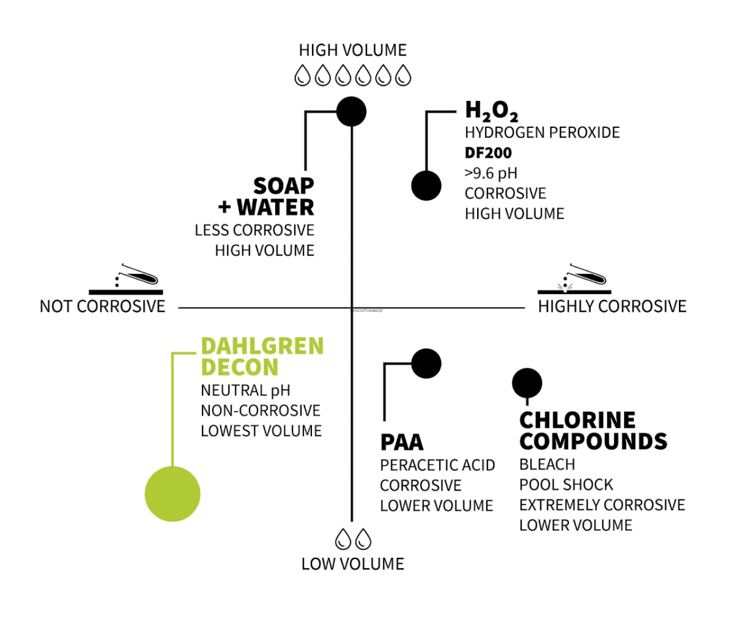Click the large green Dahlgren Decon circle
172,494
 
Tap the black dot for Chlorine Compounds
527,383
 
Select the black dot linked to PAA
426,364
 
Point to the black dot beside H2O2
426,185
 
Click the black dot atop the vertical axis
352,112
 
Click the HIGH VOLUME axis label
352,50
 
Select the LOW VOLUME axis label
352,564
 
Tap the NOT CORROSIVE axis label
102,306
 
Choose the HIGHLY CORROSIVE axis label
612,306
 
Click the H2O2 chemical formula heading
491,111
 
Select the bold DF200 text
488,153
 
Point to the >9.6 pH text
491,173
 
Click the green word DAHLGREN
262,346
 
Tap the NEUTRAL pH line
245,390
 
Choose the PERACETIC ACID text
437,465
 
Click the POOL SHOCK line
566,485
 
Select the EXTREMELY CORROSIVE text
602,505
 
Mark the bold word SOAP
284,185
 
